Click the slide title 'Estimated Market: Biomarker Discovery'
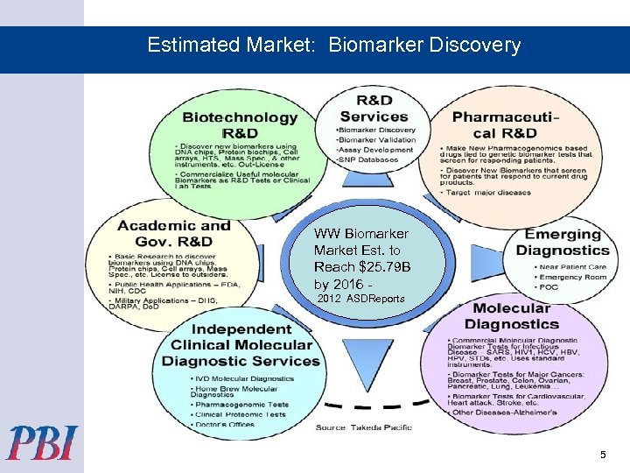(x=333, y=45)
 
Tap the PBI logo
(x=42, y=443)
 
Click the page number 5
(x=602, y=455)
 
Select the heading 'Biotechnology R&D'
(x=239, y=125)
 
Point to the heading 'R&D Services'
(x=374, y=109)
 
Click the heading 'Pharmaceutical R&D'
(x=506, y=125)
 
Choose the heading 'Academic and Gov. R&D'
(x=173, y=233)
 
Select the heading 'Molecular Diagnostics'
(x=511, y=316)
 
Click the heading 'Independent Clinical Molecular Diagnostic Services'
(x=241, y=345)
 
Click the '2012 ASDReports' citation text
(x=360, y=299)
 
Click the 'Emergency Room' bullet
(x=574, y=277)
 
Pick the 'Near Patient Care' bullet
(x=572, y=266)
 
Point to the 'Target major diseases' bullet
(x=490, y=192)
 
